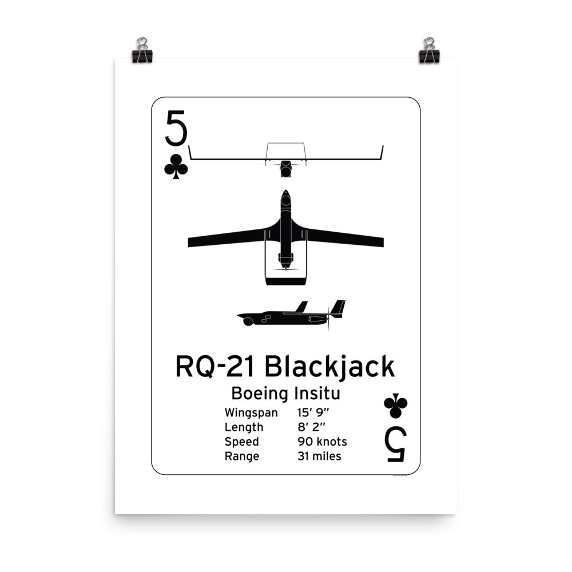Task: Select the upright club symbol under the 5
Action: click(x=176, y=166)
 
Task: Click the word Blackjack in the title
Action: click(x=330, y=367)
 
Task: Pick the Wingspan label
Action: click(x=251, y=412)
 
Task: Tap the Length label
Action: click(x=244, y=427)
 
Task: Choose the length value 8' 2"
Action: click(x=312, y=427)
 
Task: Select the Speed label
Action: click(x=242, y=442)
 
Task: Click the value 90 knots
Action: click(x=322, y=442)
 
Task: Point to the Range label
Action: click(x=242, y=456)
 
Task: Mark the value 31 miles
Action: click(x=319, y=456)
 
